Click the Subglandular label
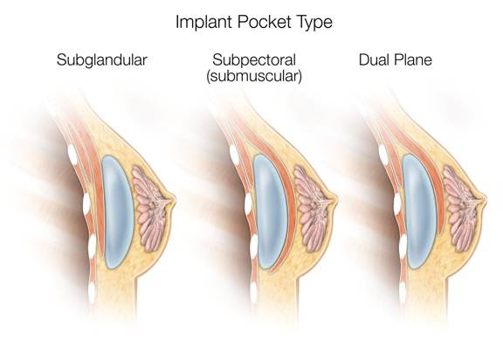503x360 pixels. (102, 60)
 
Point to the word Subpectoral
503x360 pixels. (254, 60)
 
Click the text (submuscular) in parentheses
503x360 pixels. (254, 76)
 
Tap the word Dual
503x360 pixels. (375, 60)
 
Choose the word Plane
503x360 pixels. (413, 60)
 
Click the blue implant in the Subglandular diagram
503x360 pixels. (117, 211)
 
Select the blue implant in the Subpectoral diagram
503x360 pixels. (270, 211)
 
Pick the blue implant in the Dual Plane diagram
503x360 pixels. (419, 211)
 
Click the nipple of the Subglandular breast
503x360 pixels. (173, 201)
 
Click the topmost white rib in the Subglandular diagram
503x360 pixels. (72, 155)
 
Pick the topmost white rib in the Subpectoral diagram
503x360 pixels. (234, 155)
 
